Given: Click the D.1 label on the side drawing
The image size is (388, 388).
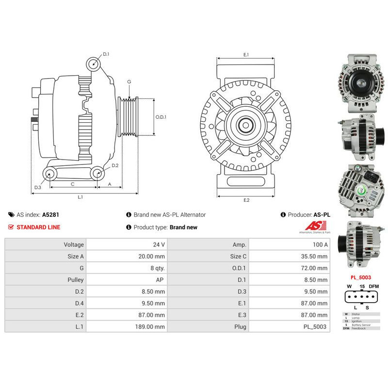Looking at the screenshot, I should pyautogui.click(x=106, y=54).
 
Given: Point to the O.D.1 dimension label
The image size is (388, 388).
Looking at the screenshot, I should pyautogui.click(x=161, y=117).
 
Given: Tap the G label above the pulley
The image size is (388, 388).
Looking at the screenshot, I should pyautogui.click(x=129, y=82).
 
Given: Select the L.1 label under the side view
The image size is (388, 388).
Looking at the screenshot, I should pyautogui.click(x=80, y=197).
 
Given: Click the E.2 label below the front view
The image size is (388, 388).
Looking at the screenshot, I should pyautogui.click(x=246, y=200).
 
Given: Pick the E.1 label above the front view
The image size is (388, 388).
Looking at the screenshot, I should pyautogui.click(x=246, y=55).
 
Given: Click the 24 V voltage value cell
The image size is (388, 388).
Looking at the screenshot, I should pyautogui.click(x=126, y=245).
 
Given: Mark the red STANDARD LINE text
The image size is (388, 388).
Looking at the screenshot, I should pyautogui.click(x=38, y=227).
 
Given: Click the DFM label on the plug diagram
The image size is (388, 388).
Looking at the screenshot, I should pyautogui.click(x=373, y=287).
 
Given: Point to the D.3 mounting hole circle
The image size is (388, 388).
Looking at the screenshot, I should pyautogui.click(x=48, y=173).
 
